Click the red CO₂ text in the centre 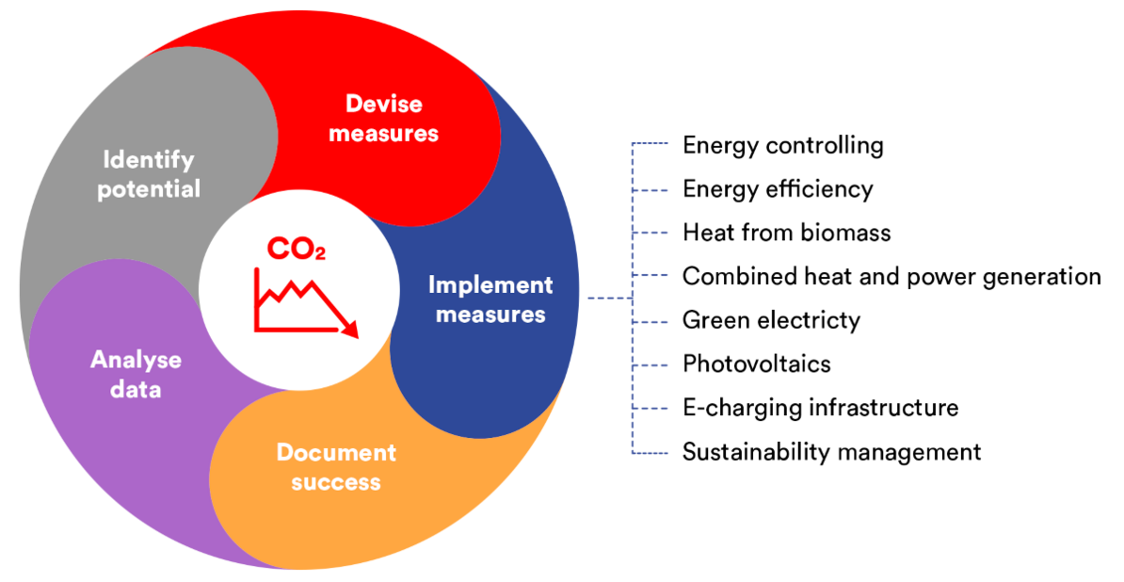[x=296, y=249]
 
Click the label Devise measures [x=383, y=119]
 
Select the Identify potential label [x=149, y=174]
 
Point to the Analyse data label [x=136, y=374]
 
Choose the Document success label [x=336, y=467]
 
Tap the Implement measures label [x=491, y=299]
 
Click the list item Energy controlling [x=783, y=145]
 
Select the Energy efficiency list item [x=778, y=189]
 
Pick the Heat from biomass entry [x=786, y=233]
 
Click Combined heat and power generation [x=891, y=277]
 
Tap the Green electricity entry [x=771, y=320]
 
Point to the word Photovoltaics [x=756, y=364]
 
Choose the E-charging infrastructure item [x=820, y=408]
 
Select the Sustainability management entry [x=831, y=452]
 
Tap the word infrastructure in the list [x=884, y=408]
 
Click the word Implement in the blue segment [x=491, y=286]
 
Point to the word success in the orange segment [x=336, y=482]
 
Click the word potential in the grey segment [x=149, y=189]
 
